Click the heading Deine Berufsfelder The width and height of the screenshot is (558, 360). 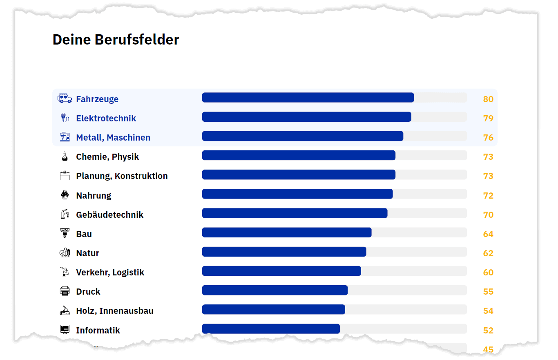[x=116, y=40]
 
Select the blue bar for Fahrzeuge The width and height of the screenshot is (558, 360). [x=308, y=98]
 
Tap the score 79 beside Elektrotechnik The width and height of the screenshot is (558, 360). [x=488, y=119]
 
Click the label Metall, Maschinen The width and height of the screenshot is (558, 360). [x=113, y=138]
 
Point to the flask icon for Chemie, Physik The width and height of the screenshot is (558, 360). [x=65, y=157]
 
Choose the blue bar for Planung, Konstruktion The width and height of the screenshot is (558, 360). [x=299, y=174]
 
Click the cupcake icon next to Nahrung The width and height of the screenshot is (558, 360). [x=65, y=195]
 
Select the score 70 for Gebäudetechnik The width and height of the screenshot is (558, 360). [x=488, y=215]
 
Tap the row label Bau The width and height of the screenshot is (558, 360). [x=84, y=234]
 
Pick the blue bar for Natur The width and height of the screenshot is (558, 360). [x=284, y=252]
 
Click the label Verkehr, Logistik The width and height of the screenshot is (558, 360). [x=110, y=273]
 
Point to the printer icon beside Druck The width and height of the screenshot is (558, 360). [x=65, y=291]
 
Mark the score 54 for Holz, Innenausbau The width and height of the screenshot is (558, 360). [x=488, y=311]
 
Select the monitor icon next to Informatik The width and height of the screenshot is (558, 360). [x=65, y=329]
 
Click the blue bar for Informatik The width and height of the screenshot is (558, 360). [x=271, y=329]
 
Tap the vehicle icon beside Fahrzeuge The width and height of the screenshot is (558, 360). [x=65, y=98]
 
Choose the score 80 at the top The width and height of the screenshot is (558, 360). [x=488, y=99]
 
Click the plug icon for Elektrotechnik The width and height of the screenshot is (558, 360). [x=64, y=118]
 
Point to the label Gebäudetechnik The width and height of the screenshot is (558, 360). [x=109, y=215]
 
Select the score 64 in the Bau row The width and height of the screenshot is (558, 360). [x=488, y=234]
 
